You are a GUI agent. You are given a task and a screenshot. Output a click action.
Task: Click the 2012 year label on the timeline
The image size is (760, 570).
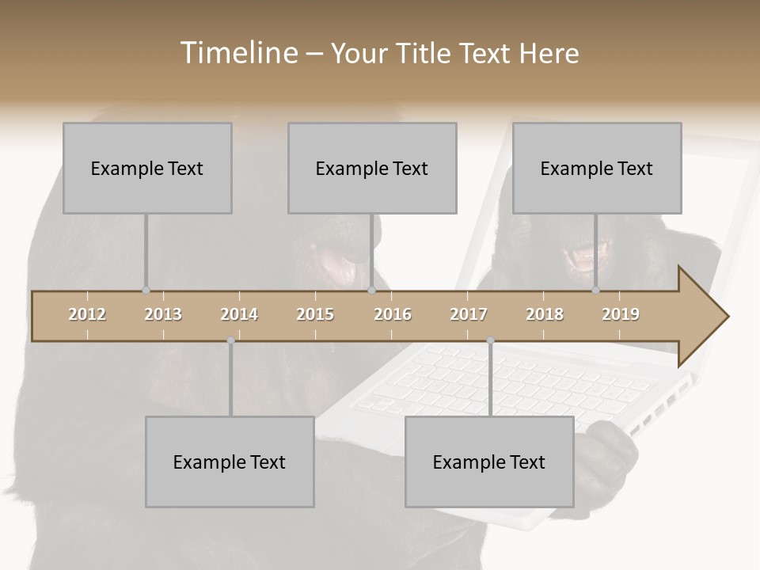click(87, 314)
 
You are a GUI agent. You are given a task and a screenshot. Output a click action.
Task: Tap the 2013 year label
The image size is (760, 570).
click(163, 314)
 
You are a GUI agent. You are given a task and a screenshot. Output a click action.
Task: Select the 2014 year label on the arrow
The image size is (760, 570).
click(239, 314)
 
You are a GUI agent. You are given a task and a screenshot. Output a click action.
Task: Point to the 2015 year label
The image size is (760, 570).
click(315, 314)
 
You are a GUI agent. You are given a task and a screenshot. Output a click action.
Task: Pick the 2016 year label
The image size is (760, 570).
click(393, 314)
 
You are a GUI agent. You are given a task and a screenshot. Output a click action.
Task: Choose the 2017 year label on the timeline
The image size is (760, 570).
click(469, 314)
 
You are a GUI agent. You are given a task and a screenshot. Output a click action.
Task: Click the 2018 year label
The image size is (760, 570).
click(545, 314)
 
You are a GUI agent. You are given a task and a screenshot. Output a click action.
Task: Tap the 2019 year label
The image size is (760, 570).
click(621, 314)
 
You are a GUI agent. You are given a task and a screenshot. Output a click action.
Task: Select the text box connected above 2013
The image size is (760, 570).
click(147, 168)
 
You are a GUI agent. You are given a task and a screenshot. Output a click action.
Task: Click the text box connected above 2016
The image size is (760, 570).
click(372, 168)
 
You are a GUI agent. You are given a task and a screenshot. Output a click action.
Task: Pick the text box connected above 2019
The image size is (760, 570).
click(597, 168)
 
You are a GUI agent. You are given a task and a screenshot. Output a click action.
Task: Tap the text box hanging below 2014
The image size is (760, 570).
click(230, 462)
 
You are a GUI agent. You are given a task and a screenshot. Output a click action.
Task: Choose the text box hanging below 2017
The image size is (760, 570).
click(489, 462)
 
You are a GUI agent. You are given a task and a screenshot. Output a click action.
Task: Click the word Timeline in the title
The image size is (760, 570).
click(237, 53)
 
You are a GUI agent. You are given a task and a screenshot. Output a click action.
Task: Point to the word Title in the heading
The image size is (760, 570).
click(427, 54)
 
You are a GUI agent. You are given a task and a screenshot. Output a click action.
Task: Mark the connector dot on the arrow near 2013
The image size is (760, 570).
click(146, 291)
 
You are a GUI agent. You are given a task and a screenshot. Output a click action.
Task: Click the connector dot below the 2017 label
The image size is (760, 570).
click(491, 341)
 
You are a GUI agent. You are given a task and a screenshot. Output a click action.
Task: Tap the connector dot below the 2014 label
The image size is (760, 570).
click(230, 341)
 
